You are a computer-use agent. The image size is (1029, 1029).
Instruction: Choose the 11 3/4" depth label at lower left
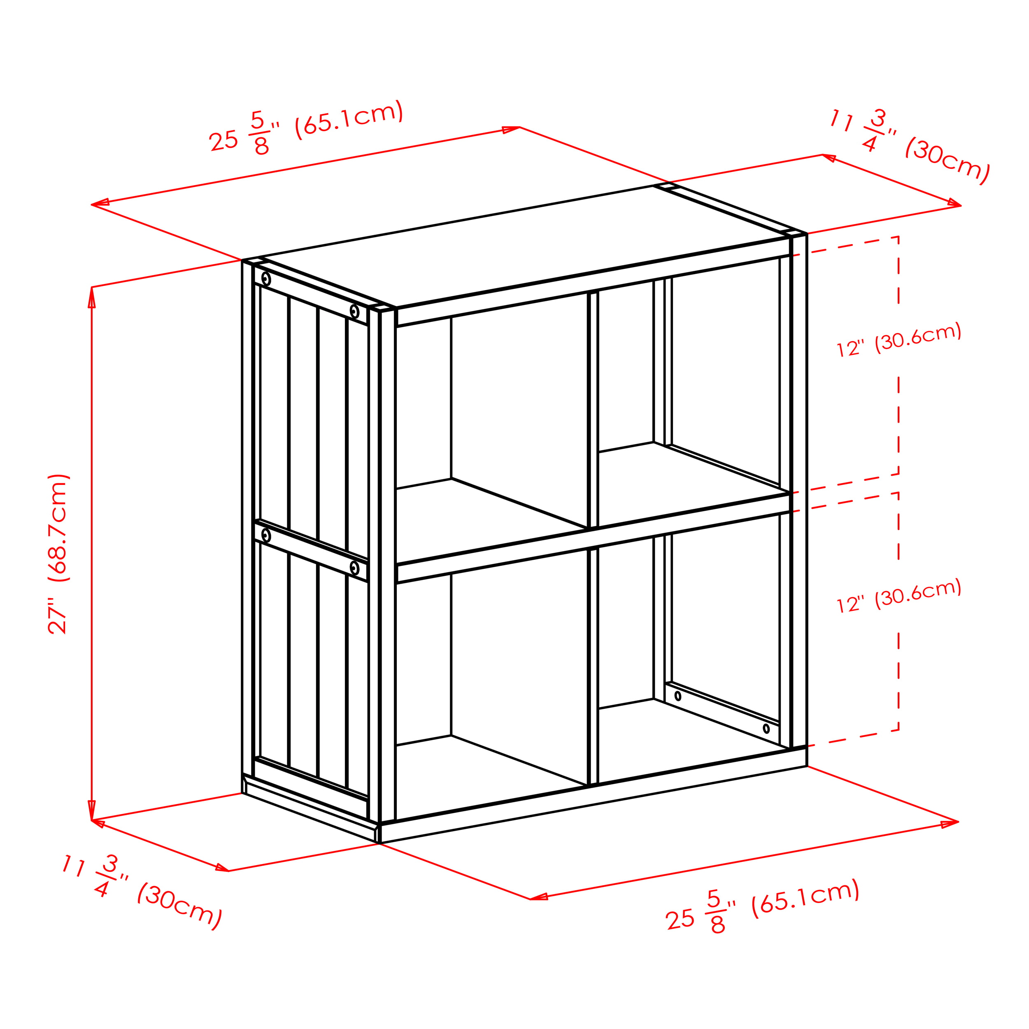(142, 891)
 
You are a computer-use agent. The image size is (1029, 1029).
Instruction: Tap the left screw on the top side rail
(266, 279)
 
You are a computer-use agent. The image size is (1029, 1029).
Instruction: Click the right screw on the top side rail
(354, 311)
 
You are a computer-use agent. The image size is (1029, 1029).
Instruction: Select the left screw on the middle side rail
(266, 535)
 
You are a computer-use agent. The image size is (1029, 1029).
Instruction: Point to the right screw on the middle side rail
(354, 568)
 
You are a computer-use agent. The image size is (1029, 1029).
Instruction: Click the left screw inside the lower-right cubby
(677, 696)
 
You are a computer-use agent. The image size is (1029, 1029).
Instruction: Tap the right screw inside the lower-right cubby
(766, 728)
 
